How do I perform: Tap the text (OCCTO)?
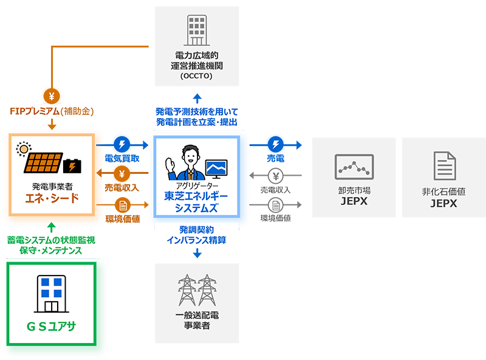[196, 77]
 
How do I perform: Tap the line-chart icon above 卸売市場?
[354, 167]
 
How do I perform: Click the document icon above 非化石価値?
[444, 167]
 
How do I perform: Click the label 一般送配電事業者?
[196, 320]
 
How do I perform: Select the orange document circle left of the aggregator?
[123, 206]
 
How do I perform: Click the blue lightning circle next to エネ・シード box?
[123, 145]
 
